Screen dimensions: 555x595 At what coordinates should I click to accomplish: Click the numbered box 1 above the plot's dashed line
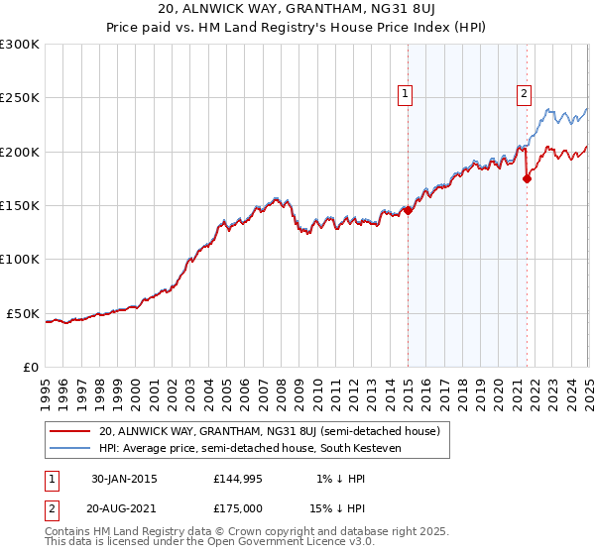pos(407,94)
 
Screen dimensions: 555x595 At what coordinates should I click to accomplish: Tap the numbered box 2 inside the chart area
pos(524,94)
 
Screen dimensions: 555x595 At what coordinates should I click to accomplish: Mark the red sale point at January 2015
pos(408,210)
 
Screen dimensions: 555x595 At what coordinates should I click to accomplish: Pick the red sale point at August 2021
pos(527,178)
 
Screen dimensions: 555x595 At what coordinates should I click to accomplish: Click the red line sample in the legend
pos(71,431)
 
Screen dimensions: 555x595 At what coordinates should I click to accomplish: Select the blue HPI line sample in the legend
pos(71,448)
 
